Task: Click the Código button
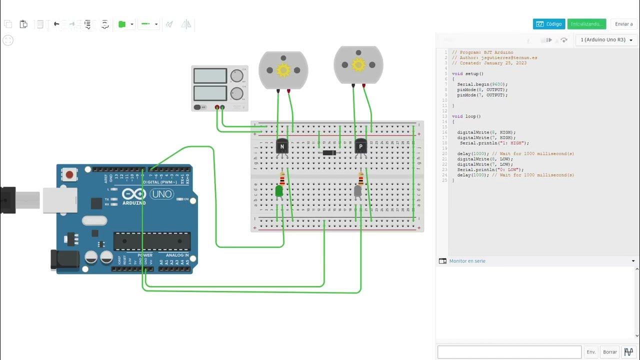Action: (x=548, y=24)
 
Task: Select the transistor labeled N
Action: (x=282, y=146)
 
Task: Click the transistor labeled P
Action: (x=360, y=146)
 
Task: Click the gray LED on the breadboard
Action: (x=358, y=191)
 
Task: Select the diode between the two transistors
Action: (x=329, y=152)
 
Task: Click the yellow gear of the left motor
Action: (x=283, y=70)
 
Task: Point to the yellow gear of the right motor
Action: (x=358, y=64)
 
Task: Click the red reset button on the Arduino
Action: (x=69, y=175)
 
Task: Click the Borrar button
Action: (x=610, y=352)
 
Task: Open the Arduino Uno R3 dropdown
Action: (x=606, y=40)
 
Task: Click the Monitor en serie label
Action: (x=467, y=261)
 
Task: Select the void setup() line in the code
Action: (x=467, y=73)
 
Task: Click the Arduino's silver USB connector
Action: (x=59, y=200)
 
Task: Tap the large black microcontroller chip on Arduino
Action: (x=151, y=241)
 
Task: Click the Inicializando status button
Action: (x=586, y=24)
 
